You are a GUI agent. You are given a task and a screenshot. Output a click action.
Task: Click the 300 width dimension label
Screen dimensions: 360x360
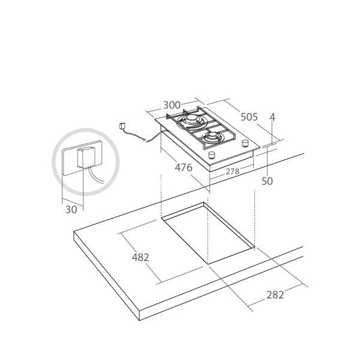172,105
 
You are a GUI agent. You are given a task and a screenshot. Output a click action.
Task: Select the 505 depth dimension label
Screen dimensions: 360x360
249,117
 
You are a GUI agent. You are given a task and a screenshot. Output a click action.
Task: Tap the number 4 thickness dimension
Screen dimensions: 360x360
272,117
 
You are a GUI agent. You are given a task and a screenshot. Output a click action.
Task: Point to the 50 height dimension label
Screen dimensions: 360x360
267,181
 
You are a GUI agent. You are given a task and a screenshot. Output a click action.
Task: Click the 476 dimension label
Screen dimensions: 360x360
184,167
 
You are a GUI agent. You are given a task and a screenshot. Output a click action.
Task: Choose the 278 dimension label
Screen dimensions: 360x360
232,171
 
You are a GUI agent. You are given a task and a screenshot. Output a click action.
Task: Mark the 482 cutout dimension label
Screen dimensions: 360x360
140,257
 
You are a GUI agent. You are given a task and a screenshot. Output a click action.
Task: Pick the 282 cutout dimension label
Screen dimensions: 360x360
275,295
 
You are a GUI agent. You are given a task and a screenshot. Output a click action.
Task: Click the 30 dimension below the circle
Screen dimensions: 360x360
71,209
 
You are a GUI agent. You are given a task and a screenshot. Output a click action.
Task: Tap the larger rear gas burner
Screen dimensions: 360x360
191,120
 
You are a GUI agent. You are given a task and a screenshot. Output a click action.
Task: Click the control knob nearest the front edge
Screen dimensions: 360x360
212,155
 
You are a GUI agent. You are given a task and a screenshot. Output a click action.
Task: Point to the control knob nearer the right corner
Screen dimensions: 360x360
245,143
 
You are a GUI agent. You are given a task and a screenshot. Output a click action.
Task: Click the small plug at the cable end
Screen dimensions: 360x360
122,126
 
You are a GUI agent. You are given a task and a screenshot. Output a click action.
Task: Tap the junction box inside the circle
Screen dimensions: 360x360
86,158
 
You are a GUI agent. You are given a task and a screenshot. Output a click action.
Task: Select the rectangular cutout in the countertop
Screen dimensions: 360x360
208,233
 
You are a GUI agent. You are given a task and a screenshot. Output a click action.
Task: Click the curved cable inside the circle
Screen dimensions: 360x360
96,176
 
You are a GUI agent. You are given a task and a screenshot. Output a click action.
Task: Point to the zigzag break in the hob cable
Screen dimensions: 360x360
146,139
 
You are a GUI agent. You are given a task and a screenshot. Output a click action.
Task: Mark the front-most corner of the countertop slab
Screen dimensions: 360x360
140,320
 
